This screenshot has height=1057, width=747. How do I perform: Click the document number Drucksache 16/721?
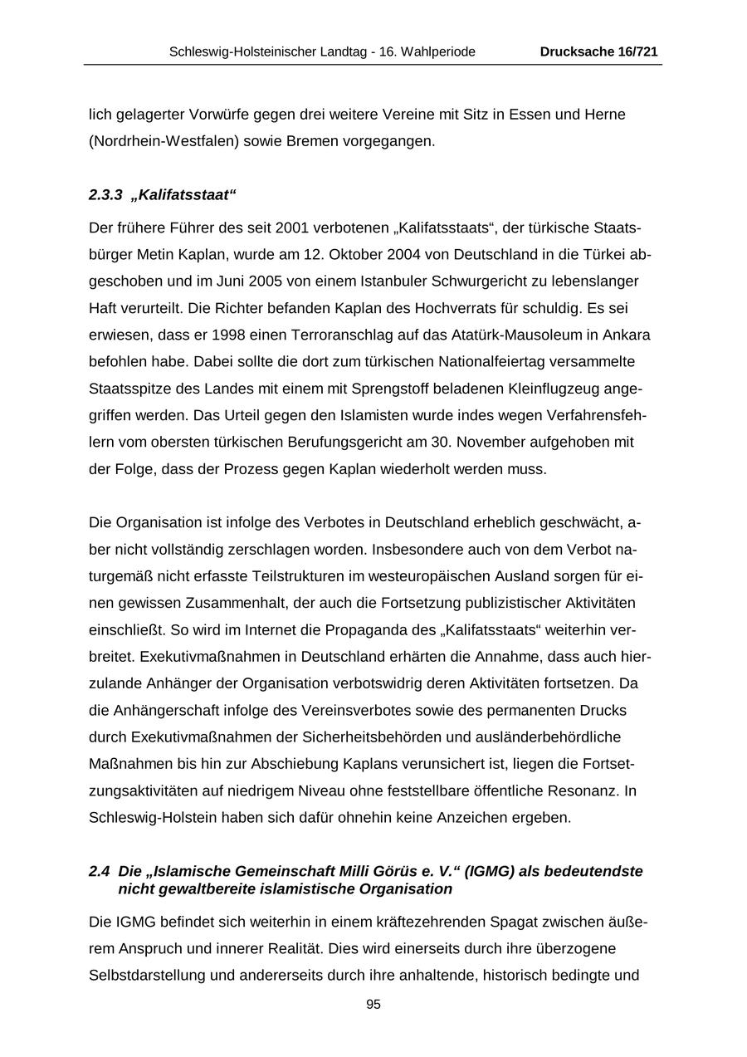coord(598,51)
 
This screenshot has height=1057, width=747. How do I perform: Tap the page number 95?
coord(373,1004)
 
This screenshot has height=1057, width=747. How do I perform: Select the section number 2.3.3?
coord(105,195)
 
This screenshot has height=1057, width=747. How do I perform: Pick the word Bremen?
coord(311,141)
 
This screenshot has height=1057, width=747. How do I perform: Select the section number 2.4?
coord(99,871)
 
